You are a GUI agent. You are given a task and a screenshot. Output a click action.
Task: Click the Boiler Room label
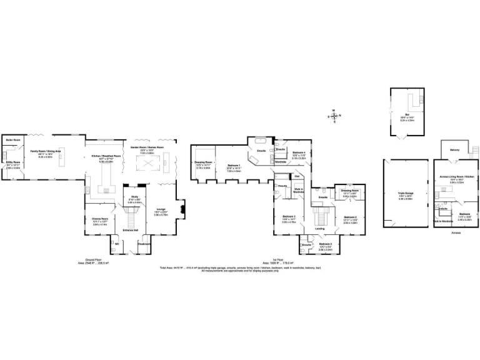[x=14, y=139]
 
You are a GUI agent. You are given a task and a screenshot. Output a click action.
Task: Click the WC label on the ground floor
[x=116, y=244]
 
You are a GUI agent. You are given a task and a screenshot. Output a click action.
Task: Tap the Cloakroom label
[x=144, y=244]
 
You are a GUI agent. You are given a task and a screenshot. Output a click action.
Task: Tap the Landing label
[x=319, y=229]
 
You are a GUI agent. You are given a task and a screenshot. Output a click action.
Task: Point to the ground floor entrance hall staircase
[x=132, y=219]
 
